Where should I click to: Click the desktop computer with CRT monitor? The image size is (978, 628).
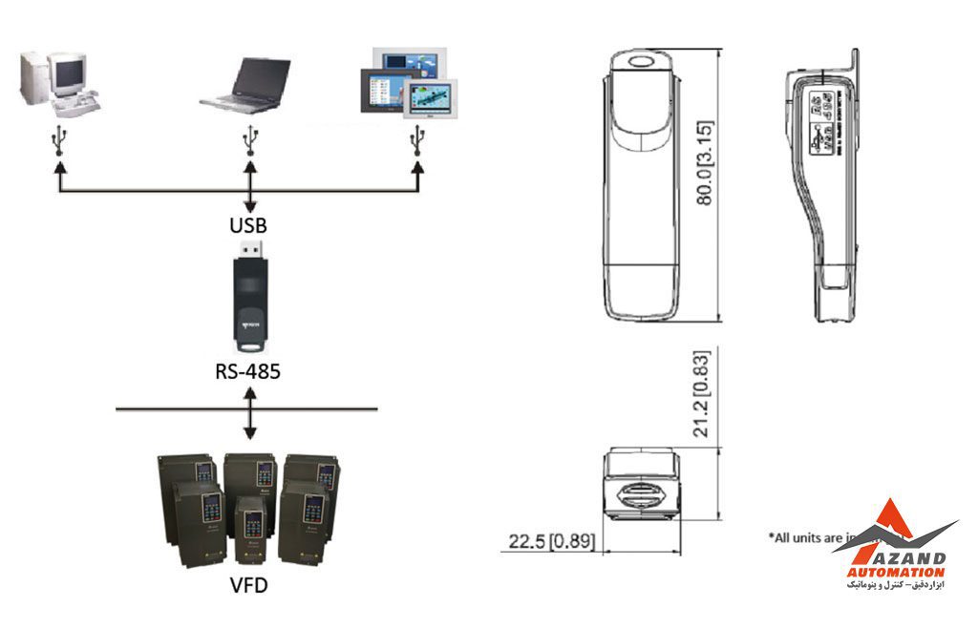(x=58, y=84)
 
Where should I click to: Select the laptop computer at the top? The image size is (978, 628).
(x=247, y=85)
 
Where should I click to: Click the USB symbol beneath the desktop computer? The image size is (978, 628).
(x=60, y=140)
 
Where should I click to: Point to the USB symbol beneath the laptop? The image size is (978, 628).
(x=250, y=140)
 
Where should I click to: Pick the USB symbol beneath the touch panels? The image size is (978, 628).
(x=416, y=140)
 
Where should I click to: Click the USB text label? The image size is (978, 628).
(x=249, y=226)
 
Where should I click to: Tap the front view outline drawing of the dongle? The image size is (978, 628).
(x=641, y=186)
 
